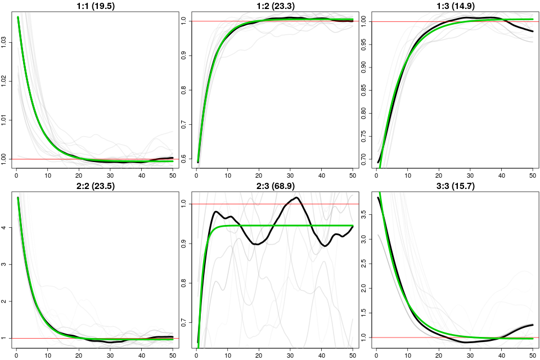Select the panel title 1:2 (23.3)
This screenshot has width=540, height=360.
click(x=276, y=6)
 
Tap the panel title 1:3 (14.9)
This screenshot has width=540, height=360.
click(x=456, y=6)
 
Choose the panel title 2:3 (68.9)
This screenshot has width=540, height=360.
click(x=276, y=186)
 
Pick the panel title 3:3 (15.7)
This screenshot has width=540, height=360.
click(x=456, y=186)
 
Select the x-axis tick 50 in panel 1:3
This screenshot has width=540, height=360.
click(x=533, y=175)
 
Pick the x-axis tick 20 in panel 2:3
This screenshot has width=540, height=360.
click(x=259, y=355)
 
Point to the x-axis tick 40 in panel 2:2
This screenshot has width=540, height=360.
click(x=142, y=355)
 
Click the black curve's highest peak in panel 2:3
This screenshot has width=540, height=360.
click(x=297, y=197)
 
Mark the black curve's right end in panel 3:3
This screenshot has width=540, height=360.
click(x=533, y=325)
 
